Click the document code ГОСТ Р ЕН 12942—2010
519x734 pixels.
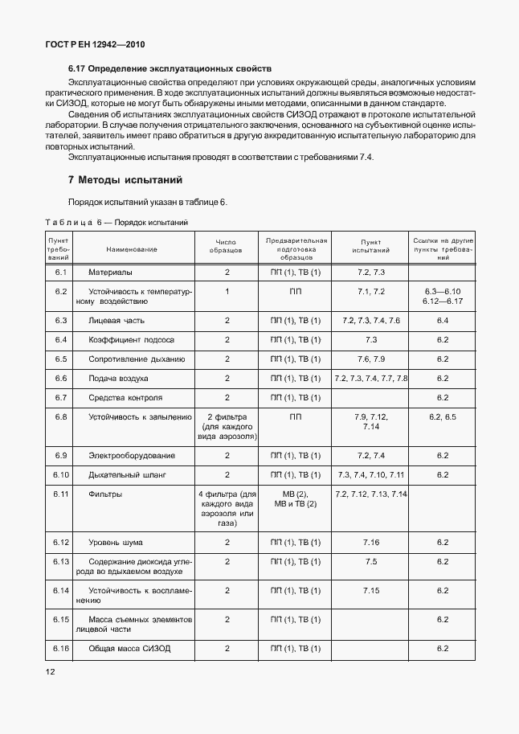pyautogui.click(x=95, y=45)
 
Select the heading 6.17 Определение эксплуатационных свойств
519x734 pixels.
pyautogui.click(x=170, y=69)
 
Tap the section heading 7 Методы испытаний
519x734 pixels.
pyautogui.click(x=125, y=179)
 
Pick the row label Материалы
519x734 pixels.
pyautogui.click(x=110, y=273)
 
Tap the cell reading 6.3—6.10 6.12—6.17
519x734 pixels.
pyautogui.click(x=442, y=296)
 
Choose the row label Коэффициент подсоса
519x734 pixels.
pyautogui.click(x=131, y=340)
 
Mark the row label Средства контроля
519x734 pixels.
pyautogui.click(x=125, y=398)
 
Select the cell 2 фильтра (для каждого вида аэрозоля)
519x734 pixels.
pyautogui.click(x=227, y=427)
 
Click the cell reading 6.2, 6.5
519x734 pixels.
pyautogui.click(x=442, y=417)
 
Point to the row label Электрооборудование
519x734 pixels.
pyautogui.click(x=131, y=456)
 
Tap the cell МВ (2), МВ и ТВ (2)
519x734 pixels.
pyautogui.click(x=296, y=498)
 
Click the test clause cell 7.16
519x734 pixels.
pyautogui.click(x=371, y=543)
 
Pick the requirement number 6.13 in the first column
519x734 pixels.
pyautogui.click(x=59, y=561)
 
